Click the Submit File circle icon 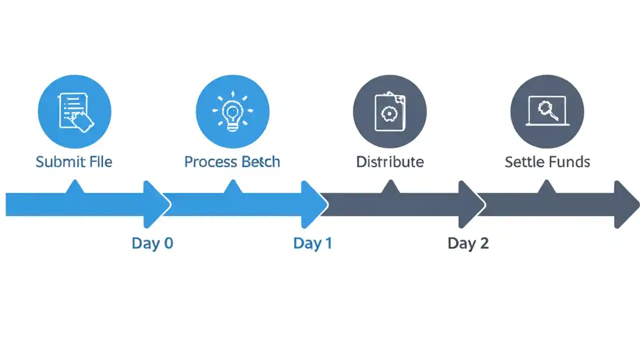coord(74,111)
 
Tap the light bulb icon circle coord(232,111)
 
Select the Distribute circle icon coord(390,111)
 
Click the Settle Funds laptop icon coord(547,111)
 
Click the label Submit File coord(74,162)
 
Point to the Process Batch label coord(232,162)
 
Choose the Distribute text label coord(390,162)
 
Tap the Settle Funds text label coord(547,162)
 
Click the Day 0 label coord(152,243)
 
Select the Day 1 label coord(312,243)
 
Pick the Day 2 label coord(468,243)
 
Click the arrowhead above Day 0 coord(156,204)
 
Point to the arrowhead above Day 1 coord(313,204)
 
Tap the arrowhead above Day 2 coord(471,204)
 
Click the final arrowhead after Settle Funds coord(626,204)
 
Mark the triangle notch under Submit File coord(74,187)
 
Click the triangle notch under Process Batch coord(232,187)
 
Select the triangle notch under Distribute coord(390,187)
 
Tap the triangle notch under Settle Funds coord(546,187)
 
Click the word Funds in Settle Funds coord(568,162)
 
